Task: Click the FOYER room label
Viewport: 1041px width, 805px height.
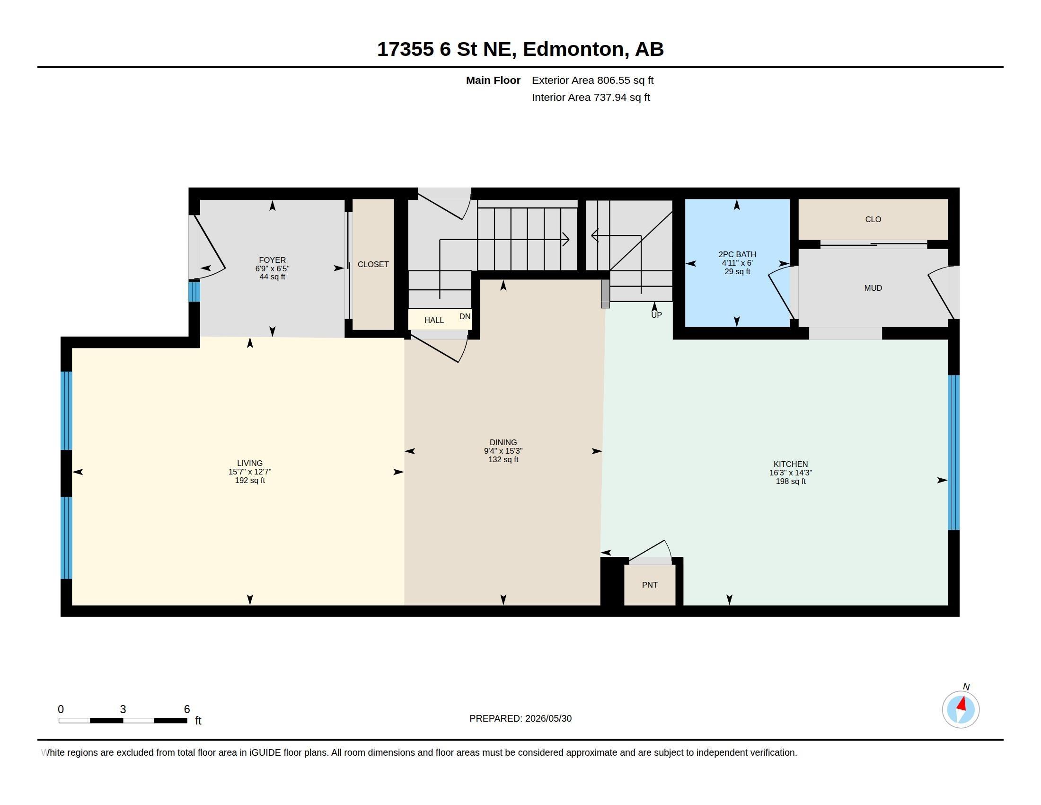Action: coord(272,260)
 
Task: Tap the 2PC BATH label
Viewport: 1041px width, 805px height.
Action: coord(737,254)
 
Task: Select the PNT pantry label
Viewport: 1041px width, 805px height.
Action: coord(650,585)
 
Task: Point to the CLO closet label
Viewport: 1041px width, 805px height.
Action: coord(873,219)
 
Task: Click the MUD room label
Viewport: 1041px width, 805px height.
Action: coord(873,288)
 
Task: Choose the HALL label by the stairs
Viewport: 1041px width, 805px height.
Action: coord(434,320)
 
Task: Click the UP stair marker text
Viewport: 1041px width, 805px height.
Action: coord(656,315)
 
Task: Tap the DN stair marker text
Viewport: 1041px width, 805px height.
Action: coord(465,316)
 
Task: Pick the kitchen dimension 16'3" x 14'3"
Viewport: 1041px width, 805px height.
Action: coord(790,473)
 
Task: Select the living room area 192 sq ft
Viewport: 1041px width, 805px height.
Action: coord(250,480)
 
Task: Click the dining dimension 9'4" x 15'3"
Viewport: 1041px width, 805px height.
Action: coord(503,451)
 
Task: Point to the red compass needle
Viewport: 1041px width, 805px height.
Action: coord(962,703)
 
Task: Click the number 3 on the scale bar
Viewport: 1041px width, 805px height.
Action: coord(123,709)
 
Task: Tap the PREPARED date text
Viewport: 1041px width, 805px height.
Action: coord(520,718)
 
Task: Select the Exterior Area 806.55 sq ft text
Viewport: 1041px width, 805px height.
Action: coord(592,80)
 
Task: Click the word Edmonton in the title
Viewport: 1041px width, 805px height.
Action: coord(573,49)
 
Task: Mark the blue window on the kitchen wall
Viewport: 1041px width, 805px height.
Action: coord(953,453)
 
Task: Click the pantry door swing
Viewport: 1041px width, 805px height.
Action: coord(651,551)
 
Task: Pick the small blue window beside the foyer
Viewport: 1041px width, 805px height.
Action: coord(194,291)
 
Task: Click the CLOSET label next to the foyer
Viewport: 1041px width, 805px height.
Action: coord(373,264)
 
